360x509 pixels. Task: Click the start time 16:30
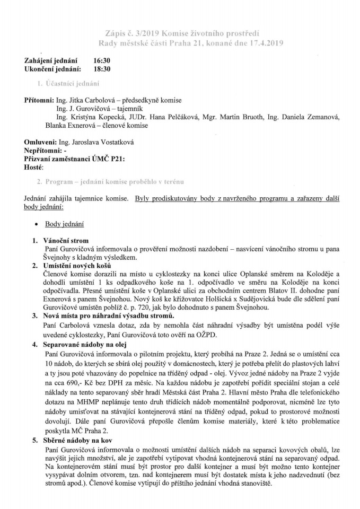click(x=102, y=62)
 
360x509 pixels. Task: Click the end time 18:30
click(x=102, y=69)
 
